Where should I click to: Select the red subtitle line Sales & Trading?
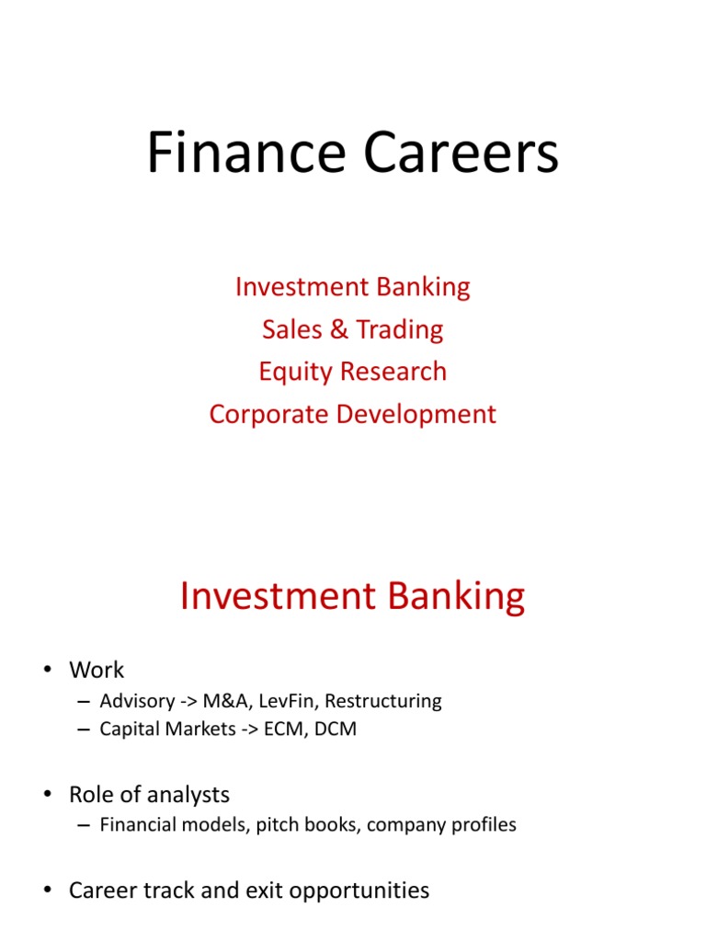(352, 329)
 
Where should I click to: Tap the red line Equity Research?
(352, 372)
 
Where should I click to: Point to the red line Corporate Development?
(352, 414)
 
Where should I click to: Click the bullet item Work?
(96, 670)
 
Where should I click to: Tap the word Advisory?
(135, 701)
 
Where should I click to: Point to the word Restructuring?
(384, 701)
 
